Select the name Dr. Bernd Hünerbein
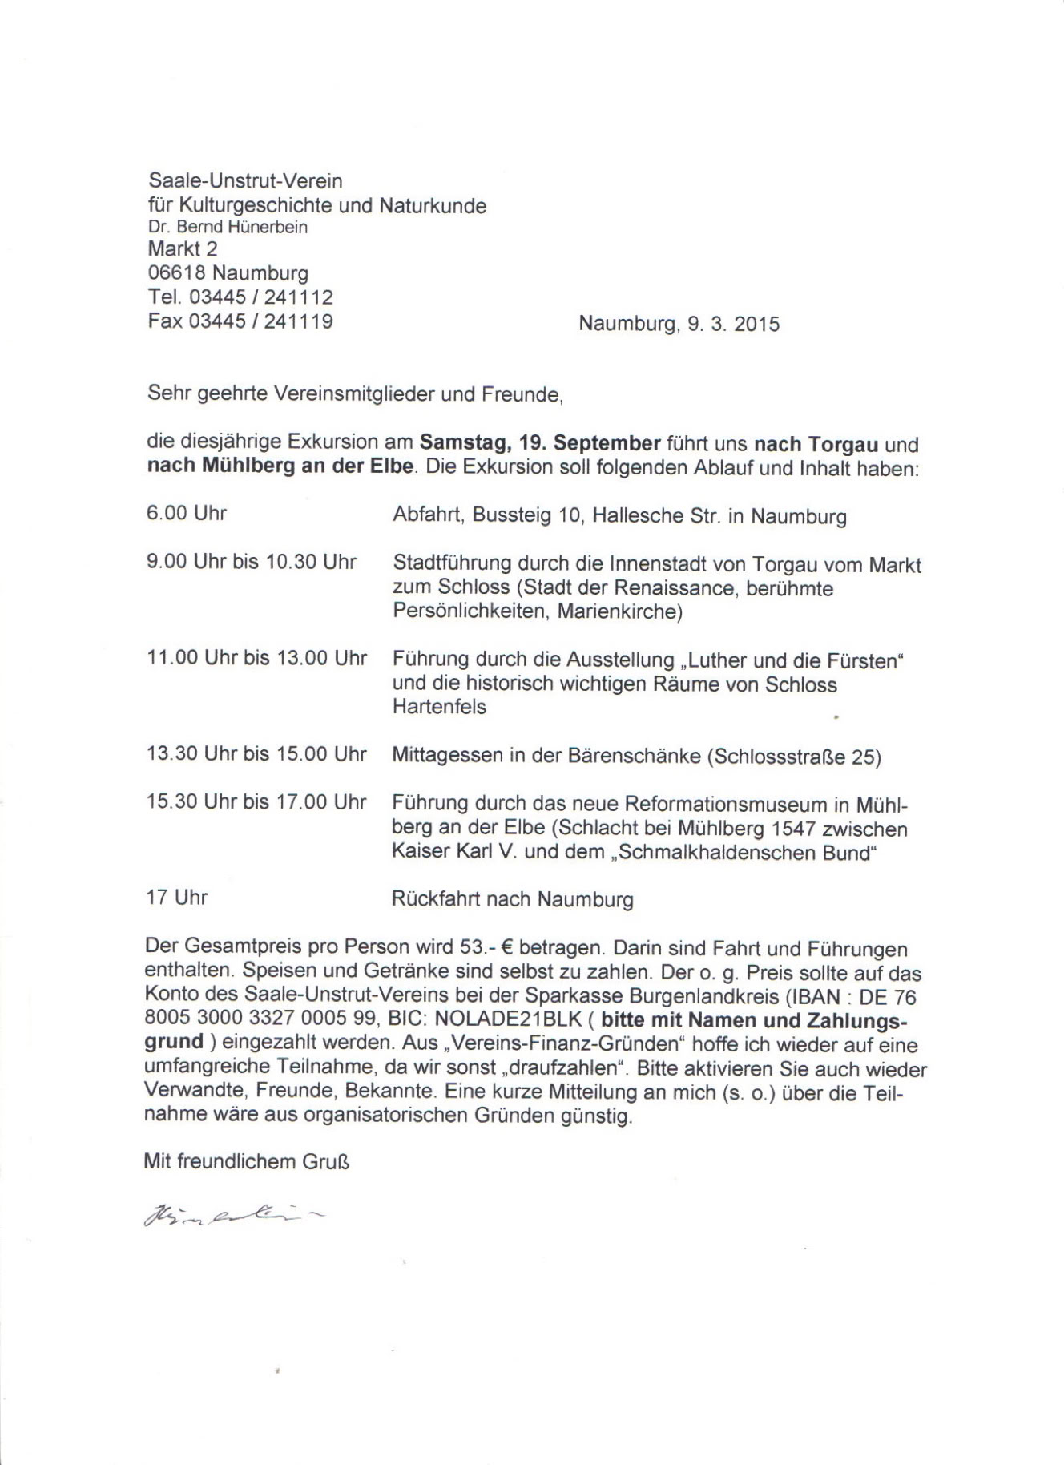pos(228,227)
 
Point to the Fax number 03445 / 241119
pos(260,321)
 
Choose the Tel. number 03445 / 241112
pos(260,297)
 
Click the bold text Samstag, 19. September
pos(540,443)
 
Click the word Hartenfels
pos(439,708)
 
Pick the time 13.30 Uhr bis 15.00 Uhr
pos(256,754)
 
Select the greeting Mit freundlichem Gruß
pos(247,1161)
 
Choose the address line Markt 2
pos(183,249)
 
